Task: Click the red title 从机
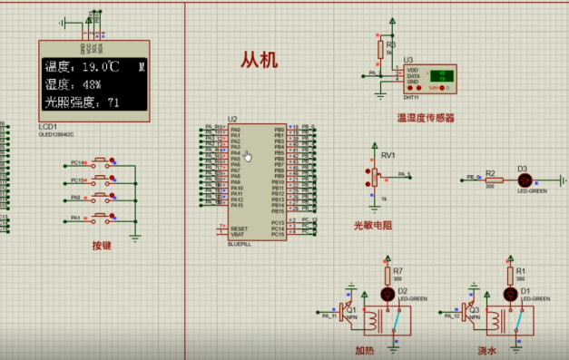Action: tap(259, 61)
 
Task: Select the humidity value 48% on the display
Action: tap(87, 84)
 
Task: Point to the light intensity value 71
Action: tap(113, 102)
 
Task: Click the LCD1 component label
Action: tap(47, 126)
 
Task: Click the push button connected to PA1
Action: tap(101, 218)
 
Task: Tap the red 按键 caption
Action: tap(102, 245)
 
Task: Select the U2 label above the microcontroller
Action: tap(232, 119)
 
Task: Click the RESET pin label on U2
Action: tap(240, 228)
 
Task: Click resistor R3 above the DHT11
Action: tap(380, 49)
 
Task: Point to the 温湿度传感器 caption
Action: tap(426, 117)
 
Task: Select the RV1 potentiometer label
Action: tap(388, 155)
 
